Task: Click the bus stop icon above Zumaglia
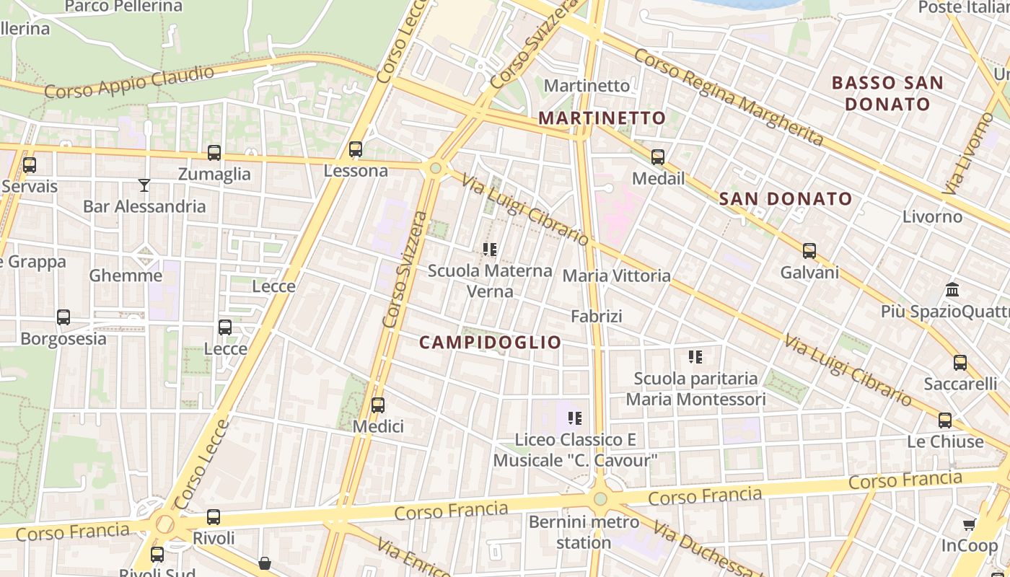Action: pyautogui.click(x=214, y=153)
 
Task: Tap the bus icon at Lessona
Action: pyautogui.click(x=356, y=149)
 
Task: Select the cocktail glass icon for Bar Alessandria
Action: pyautogui.click(x=144, y=185)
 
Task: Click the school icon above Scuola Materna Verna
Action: pyautogui.click(x=490, y=250)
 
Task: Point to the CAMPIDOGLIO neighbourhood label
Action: pyautogui.click(x=490, y=343)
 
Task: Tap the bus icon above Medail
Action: pyautogui.click(x=658, y=157)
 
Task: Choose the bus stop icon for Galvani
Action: pyautogui.click(x=809, y=251)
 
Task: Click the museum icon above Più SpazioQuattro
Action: pyautogui.click(x=952, y=290)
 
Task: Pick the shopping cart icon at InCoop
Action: pyautogui.click(x=970, y=525)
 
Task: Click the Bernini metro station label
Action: pyautogui.click(x=584, y=532)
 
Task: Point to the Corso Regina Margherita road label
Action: pyautogui.click(x=729, y=97)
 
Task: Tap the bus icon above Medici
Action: pyautogui.click(x=378, y=405)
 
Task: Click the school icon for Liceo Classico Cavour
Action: pyautogui.click(x=575, y=418)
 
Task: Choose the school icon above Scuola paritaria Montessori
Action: pyautogui.click(x=695, y=356)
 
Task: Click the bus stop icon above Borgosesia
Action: pyautogui.click(x=63, y=317)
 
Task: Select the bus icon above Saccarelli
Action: pyautogui.click(x=960, y=363)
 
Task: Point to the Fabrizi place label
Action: pyautogui.click(x=596, y=316)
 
